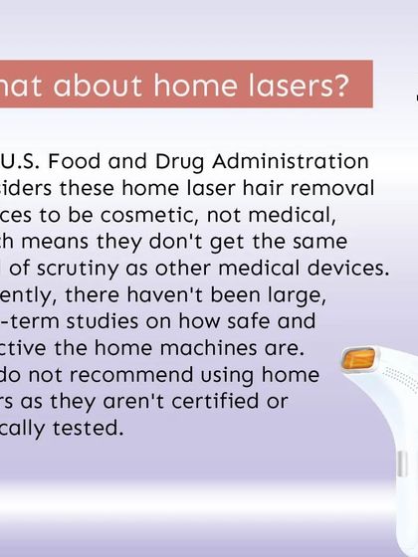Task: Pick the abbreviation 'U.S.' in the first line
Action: click(x=22, y=161)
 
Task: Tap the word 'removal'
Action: click(x=329, y=188)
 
